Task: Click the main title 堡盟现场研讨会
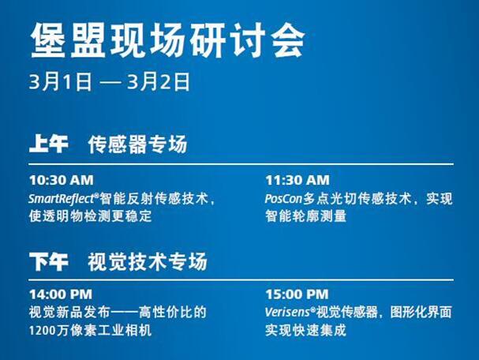tap(168, 40)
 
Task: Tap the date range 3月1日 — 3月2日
tap(110, 81)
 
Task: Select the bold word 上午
tap(49, 144)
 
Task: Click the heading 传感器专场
tap(137, 144)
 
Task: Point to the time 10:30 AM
tap(62, 180)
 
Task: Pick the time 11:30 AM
tap(298, 180)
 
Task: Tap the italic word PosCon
tap(283, 199)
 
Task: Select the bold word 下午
tap(49, 261)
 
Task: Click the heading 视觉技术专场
tap(148, 261)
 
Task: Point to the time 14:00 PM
tap(61, 294)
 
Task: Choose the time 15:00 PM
tap(297, 294)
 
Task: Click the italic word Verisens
tap(287, 313)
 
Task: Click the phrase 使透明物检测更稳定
tap(91, 216)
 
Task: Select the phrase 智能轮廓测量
tap(306, 216)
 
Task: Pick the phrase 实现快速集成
tap(306, 331)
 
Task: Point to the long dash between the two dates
tap(110, 82)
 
